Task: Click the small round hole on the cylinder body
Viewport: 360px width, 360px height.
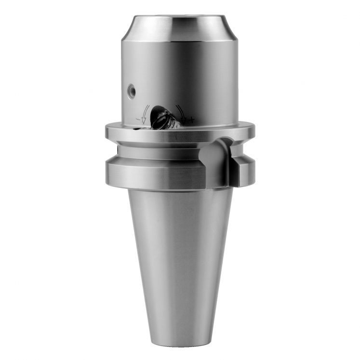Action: coord(131,90)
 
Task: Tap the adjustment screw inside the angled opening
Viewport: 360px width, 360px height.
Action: coord(161,119)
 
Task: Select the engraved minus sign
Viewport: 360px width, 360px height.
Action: coord(138,118)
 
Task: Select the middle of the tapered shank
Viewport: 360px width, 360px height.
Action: coord(180,260)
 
